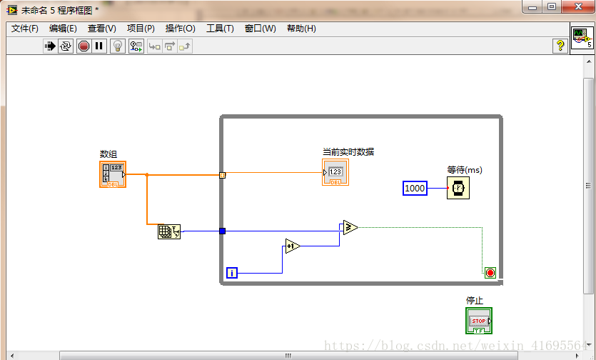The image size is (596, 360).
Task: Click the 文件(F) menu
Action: click(x=25, y=29)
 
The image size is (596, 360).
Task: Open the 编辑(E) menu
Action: click(x=63, y=29)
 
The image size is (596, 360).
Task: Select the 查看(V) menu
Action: click(x=101, y=29)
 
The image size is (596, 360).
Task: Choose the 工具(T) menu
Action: click(x=220, y=29)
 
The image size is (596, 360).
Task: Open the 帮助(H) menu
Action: click(x=301, y=29)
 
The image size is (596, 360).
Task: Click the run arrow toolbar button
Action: click(x=50, y=46)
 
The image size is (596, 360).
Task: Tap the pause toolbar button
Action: click(x=99, y=46)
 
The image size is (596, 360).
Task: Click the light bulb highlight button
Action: click(x=118, y=46)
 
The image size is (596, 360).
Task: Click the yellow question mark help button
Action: click(x=560, y=46)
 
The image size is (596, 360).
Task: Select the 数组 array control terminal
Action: click(x=113, y=174)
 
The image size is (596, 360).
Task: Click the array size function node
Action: click(x=169, y=231)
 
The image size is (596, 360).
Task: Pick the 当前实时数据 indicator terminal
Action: click(x=335, y=172)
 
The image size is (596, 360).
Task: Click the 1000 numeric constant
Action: click(x=415, y=188)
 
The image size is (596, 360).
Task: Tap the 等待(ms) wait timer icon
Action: click(x=459, y=188)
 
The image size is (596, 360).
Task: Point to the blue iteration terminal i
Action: click(x=232, y=272)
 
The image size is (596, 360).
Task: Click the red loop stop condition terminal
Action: click(x=490, y=272)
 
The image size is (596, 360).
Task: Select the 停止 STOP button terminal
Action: click(x=479, y=321)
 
